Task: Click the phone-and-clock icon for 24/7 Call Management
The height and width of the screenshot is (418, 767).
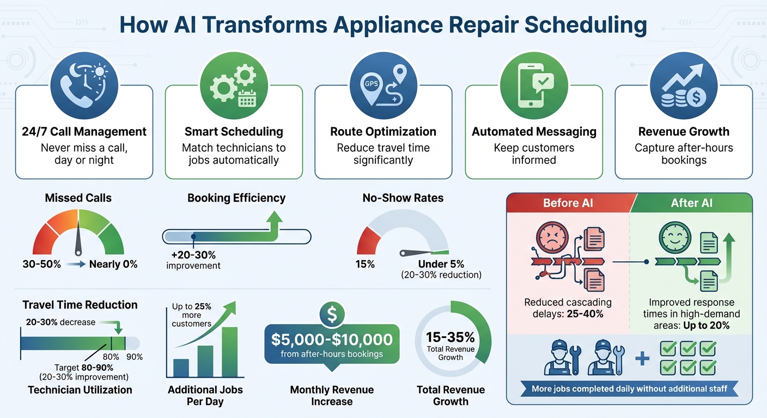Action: coord(84,82)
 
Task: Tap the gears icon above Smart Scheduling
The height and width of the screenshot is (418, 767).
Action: coord(234,82)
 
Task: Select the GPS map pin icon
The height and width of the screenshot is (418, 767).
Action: coord(384,82)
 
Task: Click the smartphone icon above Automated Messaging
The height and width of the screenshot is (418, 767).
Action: coord(534,82)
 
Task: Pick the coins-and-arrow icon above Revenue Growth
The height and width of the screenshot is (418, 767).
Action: coord(684,82)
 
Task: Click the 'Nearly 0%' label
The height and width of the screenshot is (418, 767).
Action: coord(113,265)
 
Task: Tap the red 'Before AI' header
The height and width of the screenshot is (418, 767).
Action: coord(568,203)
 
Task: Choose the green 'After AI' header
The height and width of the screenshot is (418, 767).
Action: coord(692,203)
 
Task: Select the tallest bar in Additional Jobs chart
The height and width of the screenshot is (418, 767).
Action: coord(229,352)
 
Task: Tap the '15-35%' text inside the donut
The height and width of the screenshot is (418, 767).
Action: coord(451,337)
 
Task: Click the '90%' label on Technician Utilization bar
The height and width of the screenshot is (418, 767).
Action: coord(134,357)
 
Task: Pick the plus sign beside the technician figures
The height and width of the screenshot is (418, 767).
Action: coord(643,358)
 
